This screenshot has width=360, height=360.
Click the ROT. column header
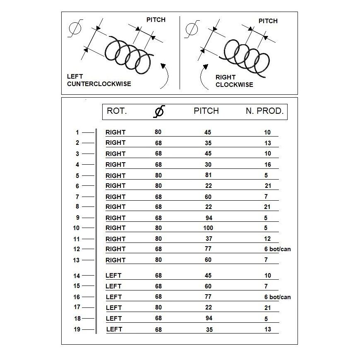(x=117, y=111)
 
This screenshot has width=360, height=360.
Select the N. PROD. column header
(x=264, y=111)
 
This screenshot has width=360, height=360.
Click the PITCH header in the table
(x=206, y=111)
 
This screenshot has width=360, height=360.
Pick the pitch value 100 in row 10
(x=208, y=228)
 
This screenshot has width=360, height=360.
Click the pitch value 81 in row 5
(x=208, y=175)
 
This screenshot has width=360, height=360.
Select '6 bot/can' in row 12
(x=277, y=249)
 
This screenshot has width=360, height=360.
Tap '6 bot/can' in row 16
(x=277, y=297)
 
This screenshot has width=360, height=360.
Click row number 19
(x=77, y=329)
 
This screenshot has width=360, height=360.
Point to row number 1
(x=77, y=132)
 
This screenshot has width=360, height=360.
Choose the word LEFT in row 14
(x=113, y=276)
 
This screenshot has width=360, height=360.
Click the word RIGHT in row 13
(x=115, y=260)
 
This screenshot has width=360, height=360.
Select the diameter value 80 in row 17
(x=158, y=307)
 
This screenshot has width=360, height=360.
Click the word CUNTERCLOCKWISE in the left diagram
(x=99, y=84)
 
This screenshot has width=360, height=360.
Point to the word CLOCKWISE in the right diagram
(x=234, y=85)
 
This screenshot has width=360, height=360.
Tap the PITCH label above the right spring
(x=268, y=21)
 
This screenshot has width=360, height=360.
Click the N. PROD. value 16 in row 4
(x=268, y=165)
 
